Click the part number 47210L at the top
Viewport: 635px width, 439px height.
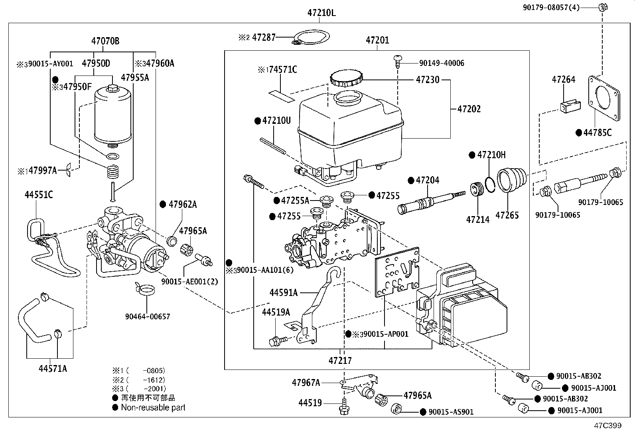(x=321, y=13)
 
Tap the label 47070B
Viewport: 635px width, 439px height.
(x=105, y=41)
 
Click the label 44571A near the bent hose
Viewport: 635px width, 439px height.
(x=53, y=369)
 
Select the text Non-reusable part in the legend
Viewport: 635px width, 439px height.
(x=153, y=408)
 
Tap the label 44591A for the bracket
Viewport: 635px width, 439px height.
(x=284, y=293)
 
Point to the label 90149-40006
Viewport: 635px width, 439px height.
(x=442, y=63)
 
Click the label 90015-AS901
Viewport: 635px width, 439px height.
(x=451, y=412)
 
